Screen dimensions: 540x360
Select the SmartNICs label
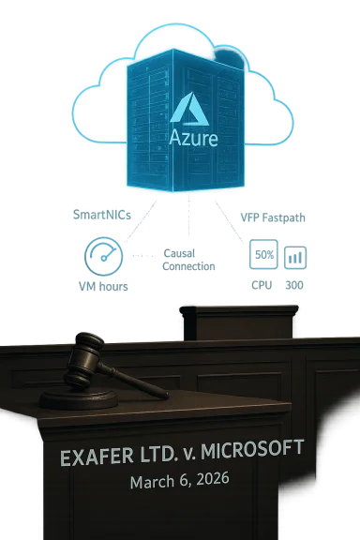click(100, 215)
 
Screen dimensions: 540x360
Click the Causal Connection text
click(188, 260)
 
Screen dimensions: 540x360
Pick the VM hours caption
click(101, 284)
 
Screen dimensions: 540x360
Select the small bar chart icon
click(294, 255)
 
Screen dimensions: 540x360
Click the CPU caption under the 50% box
click(262, 283)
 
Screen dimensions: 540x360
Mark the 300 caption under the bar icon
click(294, 283)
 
